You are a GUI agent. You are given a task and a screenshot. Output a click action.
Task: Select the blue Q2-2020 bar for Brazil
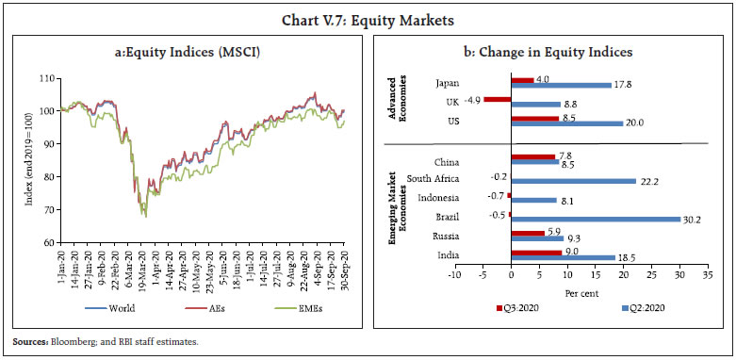click(x=595, y=219)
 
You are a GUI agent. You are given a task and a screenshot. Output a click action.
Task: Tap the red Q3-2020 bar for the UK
click(x=497, y=98)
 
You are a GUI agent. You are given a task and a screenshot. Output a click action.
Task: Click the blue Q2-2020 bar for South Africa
click(x=572, y=179)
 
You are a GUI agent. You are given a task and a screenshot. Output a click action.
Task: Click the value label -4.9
click(x=471, y=98)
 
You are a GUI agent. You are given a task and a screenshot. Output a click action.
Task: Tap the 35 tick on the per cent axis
click(x=707, y=277)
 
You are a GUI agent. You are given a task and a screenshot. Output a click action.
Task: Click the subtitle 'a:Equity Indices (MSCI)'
click(x=193, y=53)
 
